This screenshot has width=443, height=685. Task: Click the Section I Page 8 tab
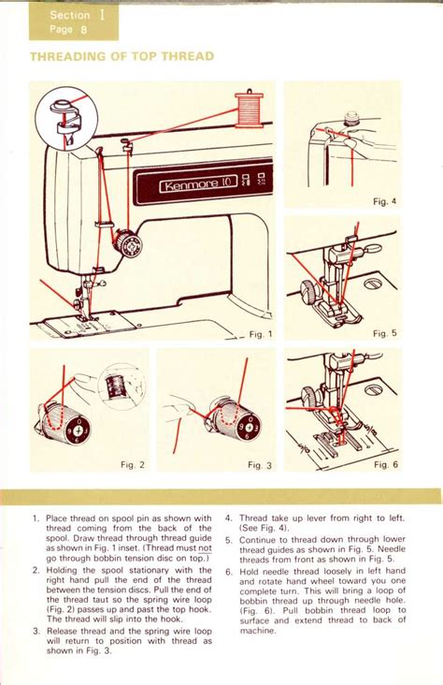[73, 22]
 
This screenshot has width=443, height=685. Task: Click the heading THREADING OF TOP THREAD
[121, 57]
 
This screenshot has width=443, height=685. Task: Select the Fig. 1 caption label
[259, 333]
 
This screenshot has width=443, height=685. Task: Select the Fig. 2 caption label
[133, 464]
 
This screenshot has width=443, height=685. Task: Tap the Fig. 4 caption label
[384, 201]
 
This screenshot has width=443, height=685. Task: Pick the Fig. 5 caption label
[384, 333]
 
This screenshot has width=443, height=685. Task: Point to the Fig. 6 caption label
[385, 464]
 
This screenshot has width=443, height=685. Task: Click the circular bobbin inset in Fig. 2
[120, 385]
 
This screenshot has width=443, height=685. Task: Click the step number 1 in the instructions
[35, 517]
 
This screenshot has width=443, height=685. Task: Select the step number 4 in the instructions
[228, 517]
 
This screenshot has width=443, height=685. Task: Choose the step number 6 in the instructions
[228, 570]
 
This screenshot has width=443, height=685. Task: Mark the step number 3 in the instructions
[35, 631]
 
